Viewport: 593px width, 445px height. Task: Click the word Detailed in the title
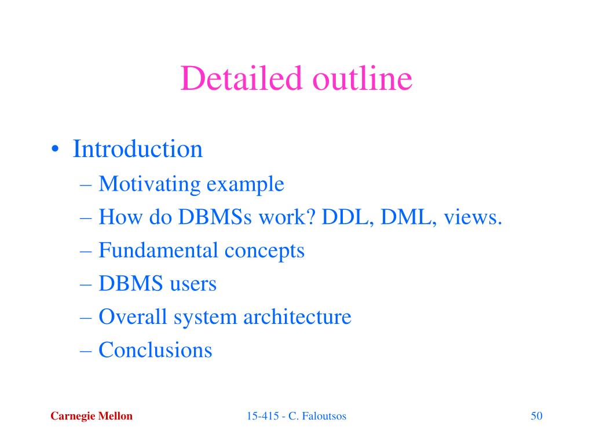[x=241, y=78]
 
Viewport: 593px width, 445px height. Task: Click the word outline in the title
[x=363, y=78]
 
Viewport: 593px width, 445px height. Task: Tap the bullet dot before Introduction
[x=55, y=149]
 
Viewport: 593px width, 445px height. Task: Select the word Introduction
[x=138, y=149]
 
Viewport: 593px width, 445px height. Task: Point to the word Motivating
[x=150, y=185]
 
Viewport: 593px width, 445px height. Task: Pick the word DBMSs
[x=215, y=217]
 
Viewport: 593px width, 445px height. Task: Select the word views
[x=473, y=218]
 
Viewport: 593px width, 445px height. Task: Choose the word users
[x=193, y=284]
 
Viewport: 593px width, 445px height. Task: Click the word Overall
[x=133, y=316]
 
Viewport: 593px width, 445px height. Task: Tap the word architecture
[x=297, y=316]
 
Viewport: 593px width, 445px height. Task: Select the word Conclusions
[x=155, y=349]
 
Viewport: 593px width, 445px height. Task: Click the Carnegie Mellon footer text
[x=91, y=416]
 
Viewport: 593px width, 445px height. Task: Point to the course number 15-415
[x=263, y=416]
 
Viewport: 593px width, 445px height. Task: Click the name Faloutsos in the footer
[x=324, y=416]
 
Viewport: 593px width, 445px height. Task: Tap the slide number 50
[x=537, y=416]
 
